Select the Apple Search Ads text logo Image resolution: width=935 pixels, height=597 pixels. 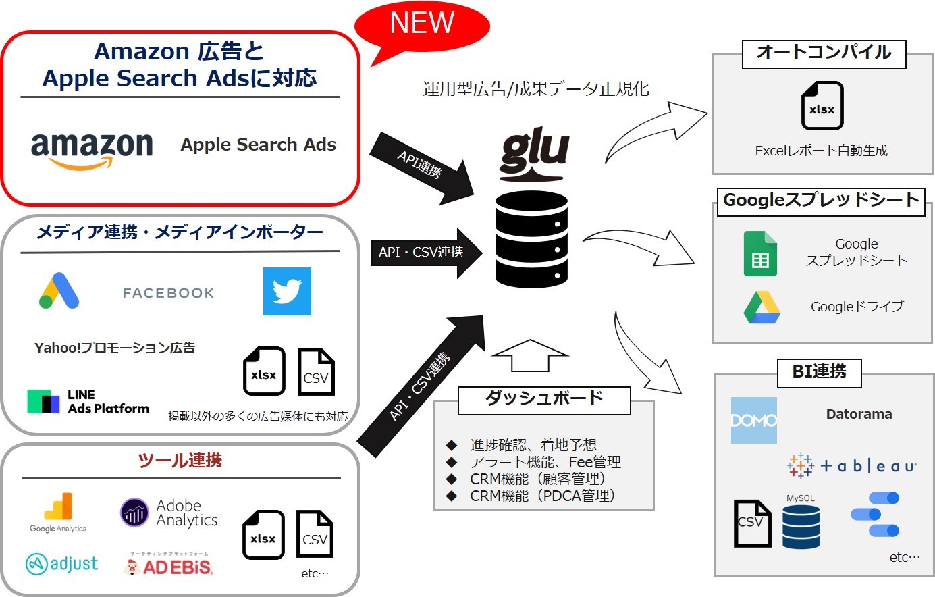pyautogui.click(x=258, y=145)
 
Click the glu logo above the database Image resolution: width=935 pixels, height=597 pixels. pyautogui.click(x=534, y=155)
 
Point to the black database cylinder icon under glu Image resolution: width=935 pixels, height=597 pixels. pyautogui.click(x=531, y=240)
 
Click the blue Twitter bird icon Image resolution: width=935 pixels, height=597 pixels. pyautogui.click(x=287, y=291)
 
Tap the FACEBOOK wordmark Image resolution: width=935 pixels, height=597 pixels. pyautogui.click(x=168, y=293)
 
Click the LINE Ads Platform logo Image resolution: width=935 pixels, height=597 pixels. pyautogui.click(x=88, y=401)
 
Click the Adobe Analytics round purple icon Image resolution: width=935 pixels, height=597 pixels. pyautogui.click(x=134, y=513)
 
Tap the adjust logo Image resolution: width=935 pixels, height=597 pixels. pyautogui.click(x=61, y=563)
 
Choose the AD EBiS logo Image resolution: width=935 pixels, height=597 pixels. pyautogui.click(x=169, y=565)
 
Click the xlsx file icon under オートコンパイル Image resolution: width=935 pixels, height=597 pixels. pyautogui.click(x=822, y=106)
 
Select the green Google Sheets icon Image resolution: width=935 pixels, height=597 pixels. pyautogui.click(x=760, y=254)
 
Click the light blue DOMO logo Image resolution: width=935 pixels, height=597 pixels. pyautogui.click(x=753, y=420)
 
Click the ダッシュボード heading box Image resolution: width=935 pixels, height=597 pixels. pyautogui.click(x=544, y=400)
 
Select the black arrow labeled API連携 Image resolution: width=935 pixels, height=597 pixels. pyautogui.click(x=423, y=166)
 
